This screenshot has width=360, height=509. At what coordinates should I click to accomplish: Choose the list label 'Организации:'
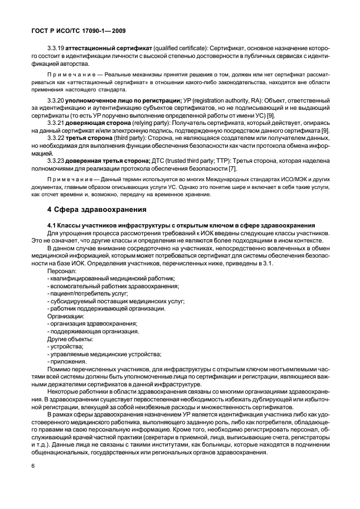(66, 316)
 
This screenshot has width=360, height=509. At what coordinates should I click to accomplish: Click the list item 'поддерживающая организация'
(94, 331)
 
